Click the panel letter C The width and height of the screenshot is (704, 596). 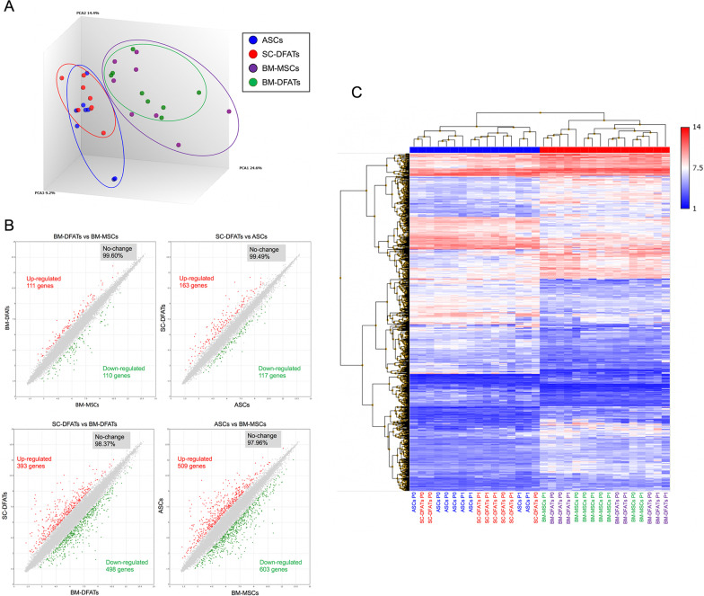pyautogui.click(x=357, y=92)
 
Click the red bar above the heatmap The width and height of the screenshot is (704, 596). pyautogui.click(x=605, y=149)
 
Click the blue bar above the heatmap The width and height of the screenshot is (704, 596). pyautogui.click(x=474, y=149)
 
